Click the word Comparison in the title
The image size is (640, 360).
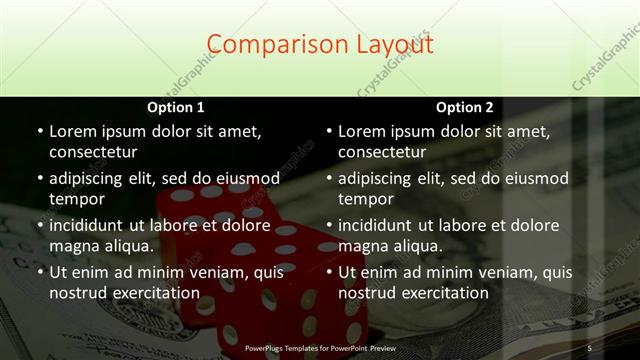269,45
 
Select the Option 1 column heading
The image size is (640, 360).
176,107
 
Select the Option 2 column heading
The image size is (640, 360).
465,107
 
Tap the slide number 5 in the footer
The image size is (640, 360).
589,347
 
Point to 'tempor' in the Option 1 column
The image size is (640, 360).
75,198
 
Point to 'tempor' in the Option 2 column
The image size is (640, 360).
364,198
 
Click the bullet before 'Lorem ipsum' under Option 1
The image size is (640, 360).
39,131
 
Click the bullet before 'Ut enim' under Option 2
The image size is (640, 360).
328,271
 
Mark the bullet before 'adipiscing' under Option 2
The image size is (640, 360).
328,178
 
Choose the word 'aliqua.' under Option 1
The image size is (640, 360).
125,245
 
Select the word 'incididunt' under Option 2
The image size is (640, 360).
381,225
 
